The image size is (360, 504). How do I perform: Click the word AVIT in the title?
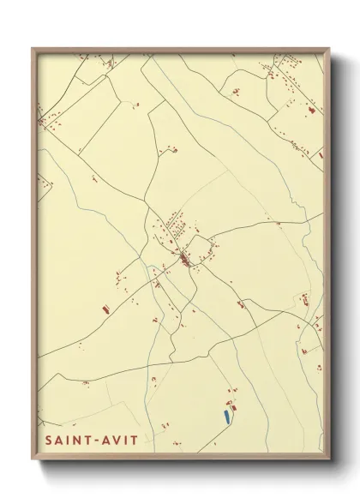[120, 440]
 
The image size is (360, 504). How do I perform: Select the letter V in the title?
[117, 440]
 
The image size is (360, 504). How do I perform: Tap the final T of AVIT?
[135, 440]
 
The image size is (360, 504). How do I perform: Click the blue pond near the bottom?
[226, 417]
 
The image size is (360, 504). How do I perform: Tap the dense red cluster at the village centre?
[184, 256]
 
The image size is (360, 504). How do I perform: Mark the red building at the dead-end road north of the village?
[174, 150]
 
